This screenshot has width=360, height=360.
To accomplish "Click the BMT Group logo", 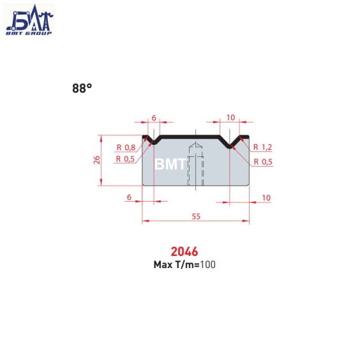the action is tap(29, 20).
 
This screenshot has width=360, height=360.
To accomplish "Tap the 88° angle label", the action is tap(82, 88).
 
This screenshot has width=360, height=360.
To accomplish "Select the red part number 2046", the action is tap(184, 251).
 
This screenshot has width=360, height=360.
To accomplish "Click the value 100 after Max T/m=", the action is tap(208, 265).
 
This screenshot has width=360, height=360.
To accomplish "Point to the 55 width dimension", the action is tap(196, 216).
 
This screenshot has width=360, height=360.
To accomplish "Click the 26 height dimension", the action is tap(97, 160).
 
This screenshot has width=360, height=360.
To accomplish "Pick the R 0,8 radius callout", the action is tap(126, 147).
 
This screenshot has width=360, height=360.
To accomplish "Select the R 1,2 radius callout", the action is tap(262, 147).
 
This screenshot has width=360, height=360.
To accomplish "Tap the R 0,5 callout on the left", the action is tap(125, 159).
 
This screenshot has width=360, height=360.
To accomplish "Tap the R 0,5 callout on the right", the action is tap(263, 162).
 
